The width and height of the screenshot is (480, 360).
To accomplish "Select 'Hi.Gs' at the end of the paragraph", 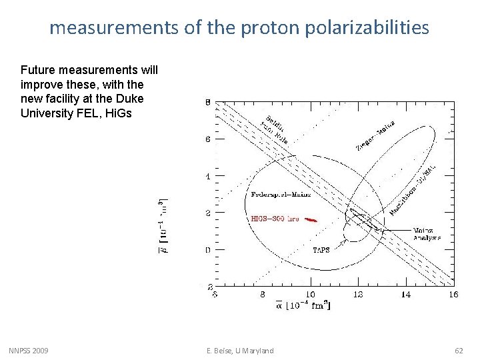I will [118, 113].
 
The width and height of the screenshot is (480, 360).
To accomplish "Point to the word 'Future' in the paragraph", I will [38, 70].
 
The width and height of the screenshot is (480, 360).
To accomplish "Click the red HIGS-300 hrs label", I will [275, 218].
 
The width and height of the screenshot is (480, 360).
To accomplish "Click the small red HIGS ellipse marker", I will [309, 220].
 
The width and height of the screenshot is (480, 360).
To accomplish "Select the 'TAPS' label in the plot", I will [321, 250].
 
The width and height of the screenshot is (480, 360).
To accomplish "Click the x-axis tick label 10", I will [310, 294].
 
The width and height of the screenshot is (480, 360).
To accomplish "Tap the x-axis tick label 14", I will [405, 294].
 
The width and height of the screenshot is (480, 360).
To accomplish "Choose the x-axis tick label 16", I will [453, 294].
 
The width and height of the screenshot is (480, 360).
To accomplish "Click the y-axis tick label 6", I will [207, 140].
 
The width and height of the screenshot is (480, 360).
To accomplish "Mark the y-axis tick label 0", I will [207, 250].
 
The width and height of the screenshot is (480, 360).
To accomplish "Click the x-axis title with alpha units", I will [304, 305].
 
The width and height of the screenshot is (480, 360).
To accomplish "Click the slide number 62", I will [459, 351].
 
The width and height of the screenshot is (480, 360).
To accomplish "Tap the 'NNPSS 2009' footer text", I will [28, 351].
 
